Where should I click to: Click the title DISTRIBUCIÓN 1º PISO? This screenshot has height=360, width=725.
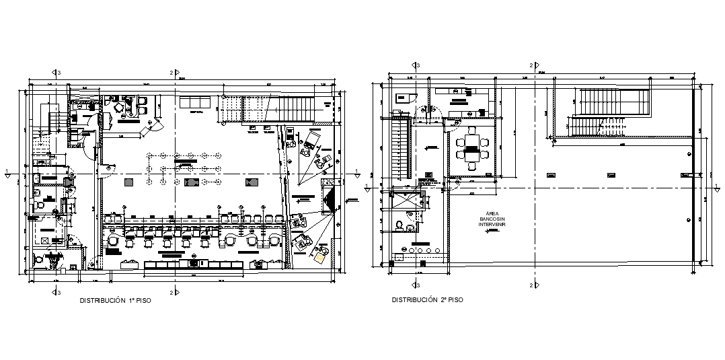click(115, 301)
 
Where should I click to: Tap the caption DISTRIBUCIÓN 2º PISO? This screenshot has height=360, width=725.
click(427, 300)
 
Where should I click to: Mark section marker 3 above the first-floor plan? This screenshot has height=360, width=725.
click(56, 72)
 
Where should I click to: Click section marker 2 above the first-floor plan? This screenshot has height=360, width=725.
click(173, 72)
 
